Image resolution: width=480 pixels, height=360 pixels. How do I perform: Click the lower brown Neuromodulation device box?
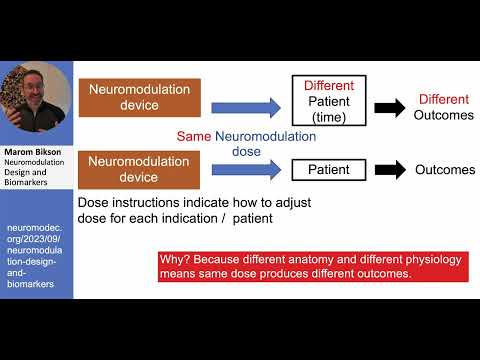point(139,168)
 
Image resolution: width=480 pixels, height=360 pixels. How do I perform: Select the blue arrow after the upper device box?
point(245,101)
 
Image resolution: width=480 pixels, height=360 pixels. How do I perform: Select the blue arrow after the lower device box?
point(245,170)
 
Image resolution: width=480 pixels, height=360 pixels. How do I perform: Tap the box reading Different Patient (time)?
point(329,101)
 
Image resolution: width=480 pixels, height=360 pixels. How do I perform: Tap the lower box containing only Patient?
point(329,170)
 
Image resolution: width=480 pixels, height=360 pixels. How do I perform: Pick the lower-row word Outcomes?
point(444,170)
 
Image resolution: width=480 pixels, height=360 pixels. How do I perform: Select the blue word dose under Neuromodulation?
point(244,152)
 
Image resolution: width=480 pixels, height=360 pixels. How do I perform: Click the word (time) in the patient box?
point(329,118)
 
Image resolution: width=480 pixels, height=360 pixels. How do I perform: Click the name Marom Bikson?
point(32,153)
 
